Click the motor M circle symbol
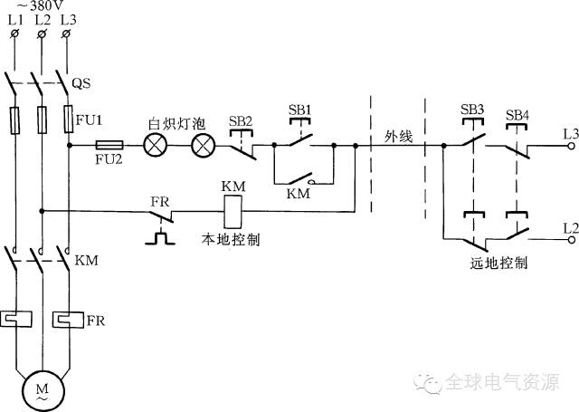[x=42, y=388]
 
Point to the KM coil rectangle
[x=230, y=212]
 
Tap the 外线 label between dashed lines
[x=398, y=136]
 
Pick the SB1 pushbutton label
[x=300, y=110]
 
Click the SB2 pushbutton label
[x=241, y=120]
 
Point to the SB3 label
[x=472, y=110]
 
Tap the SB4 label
[x=517, y=115]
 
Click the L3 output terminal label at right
[x=570, y=133]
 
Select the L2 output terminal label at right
[x=570, y=225]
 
